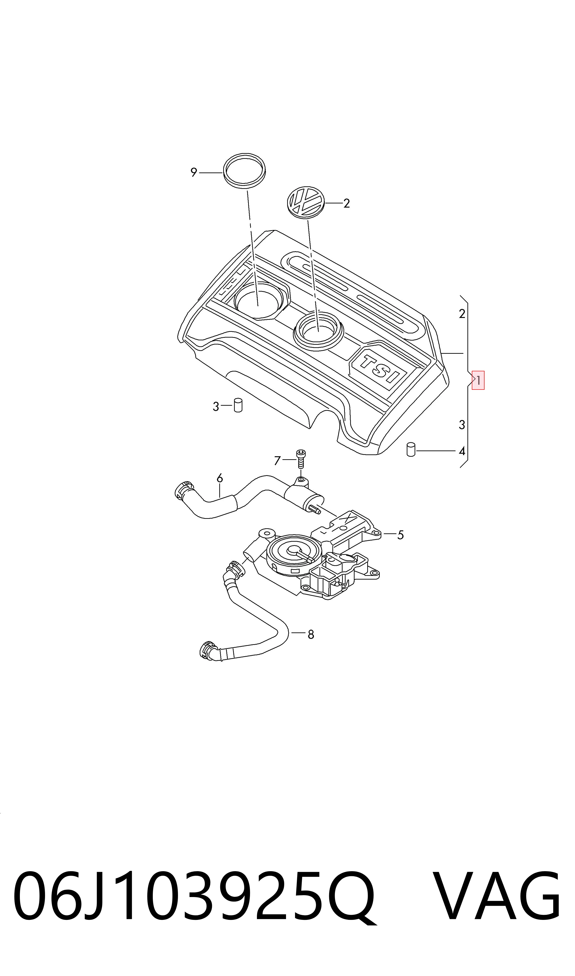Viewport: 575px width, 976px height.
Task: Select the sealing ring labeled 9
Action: tap(245, 171)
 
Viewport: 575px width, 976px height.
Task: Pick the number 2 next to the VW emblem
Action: tap(346, 203)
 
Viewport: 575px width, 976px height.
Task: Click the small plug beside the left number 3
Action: tap(238, 405)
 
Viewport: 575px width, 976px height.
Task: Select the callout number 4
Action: tap(461, 451)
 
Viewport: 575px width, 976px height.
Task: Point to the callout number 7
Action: tap(277, 461)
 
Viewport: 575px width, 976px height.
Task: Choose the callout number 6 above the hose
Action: tap(220, 478)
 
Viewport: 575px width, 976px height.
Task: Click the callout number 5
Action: tap(401, 535)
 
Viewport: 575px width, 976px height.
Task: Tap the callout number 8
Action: tap(311, 634)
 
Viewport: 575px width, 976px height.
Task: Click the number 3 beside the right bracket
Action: tap(461, 425)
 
